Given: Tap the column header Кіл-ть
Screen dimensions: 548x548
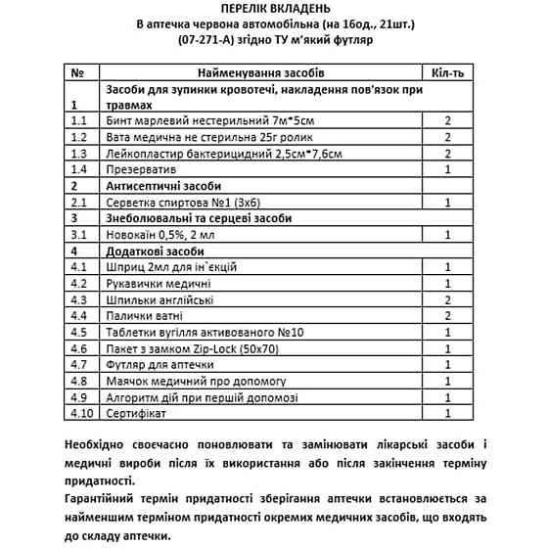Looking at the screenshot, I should click(x=446, y=73).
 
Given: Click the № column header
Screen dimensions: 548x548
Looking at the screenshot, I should click(x=78, y=73).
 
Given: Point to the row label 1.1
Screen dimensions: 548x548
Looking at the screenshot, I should click(x=79, y=120).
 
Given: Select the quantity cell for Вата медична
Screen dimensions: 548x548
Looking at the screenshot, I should click(x=446, y=137).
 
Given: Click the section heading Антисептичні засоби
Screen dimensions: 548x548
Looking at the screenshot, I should click(x=162, y=186).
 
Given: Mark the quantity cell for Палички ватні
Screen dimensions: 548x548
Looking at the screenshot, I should click(x=446, y=316).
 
